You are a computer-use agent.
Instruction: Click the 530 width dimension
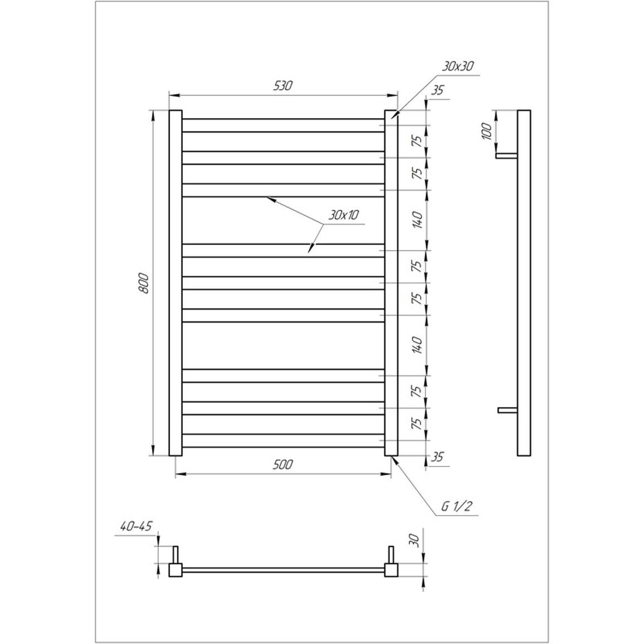coord(283,86)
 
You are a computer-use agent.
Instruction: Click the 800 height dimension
coord(143,283)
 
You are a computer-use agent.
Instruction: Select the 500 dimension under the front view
coord(283,465)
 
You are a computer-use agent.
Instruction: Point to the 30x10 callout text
coord(343,215)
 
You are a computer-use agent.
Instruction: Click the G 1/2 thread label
coord(456,506)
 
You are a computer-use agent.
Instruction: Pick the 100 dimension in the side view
coord(487,131)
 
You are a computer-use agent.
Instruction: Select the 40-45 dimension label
coord(136,526)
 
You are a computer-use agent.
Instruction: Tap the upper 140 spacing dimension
coord(417,220)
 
